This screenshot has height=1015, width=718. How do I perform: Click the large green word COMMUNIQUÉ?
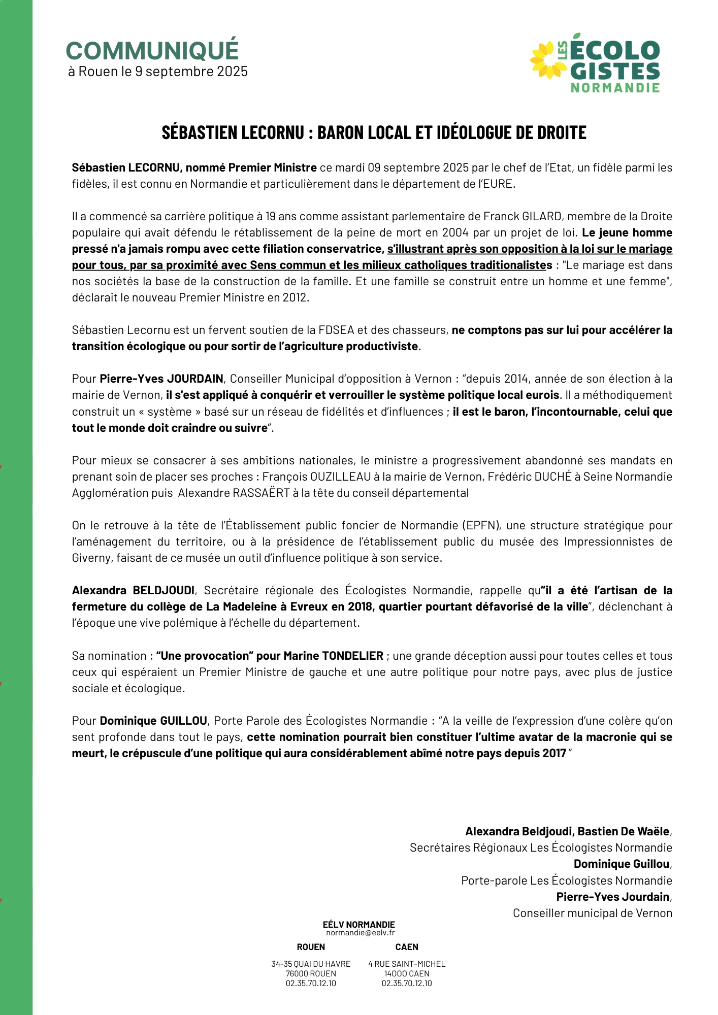152,51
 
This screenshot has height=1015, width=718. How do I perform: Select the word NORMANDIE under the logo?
615,88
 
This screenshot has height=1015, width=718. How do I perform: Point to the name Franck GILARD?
523,217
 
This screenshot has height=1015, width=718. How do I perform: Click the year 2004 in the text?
455,233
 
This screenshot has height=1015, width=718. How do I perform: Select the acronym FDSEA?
336,330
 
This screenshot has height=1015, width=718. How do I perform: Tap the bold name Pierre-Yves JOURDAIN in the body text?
161,379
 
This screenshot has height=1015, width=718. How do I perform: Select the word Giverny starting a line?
91,558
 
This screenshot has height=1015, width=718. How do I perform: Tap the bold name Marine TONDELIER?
333,656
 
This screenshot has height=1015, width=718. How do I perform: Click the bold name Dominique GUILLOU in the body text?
153,721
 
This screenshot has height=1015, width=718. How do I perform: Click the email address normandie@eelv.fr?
360,933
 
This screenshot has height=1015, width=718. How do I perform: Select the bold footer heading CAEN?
407,947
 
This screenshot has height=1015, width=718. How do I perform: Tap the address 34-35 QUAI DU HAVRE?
311,964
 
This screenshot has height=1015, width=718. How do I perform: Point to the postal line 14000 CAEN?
407,974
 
